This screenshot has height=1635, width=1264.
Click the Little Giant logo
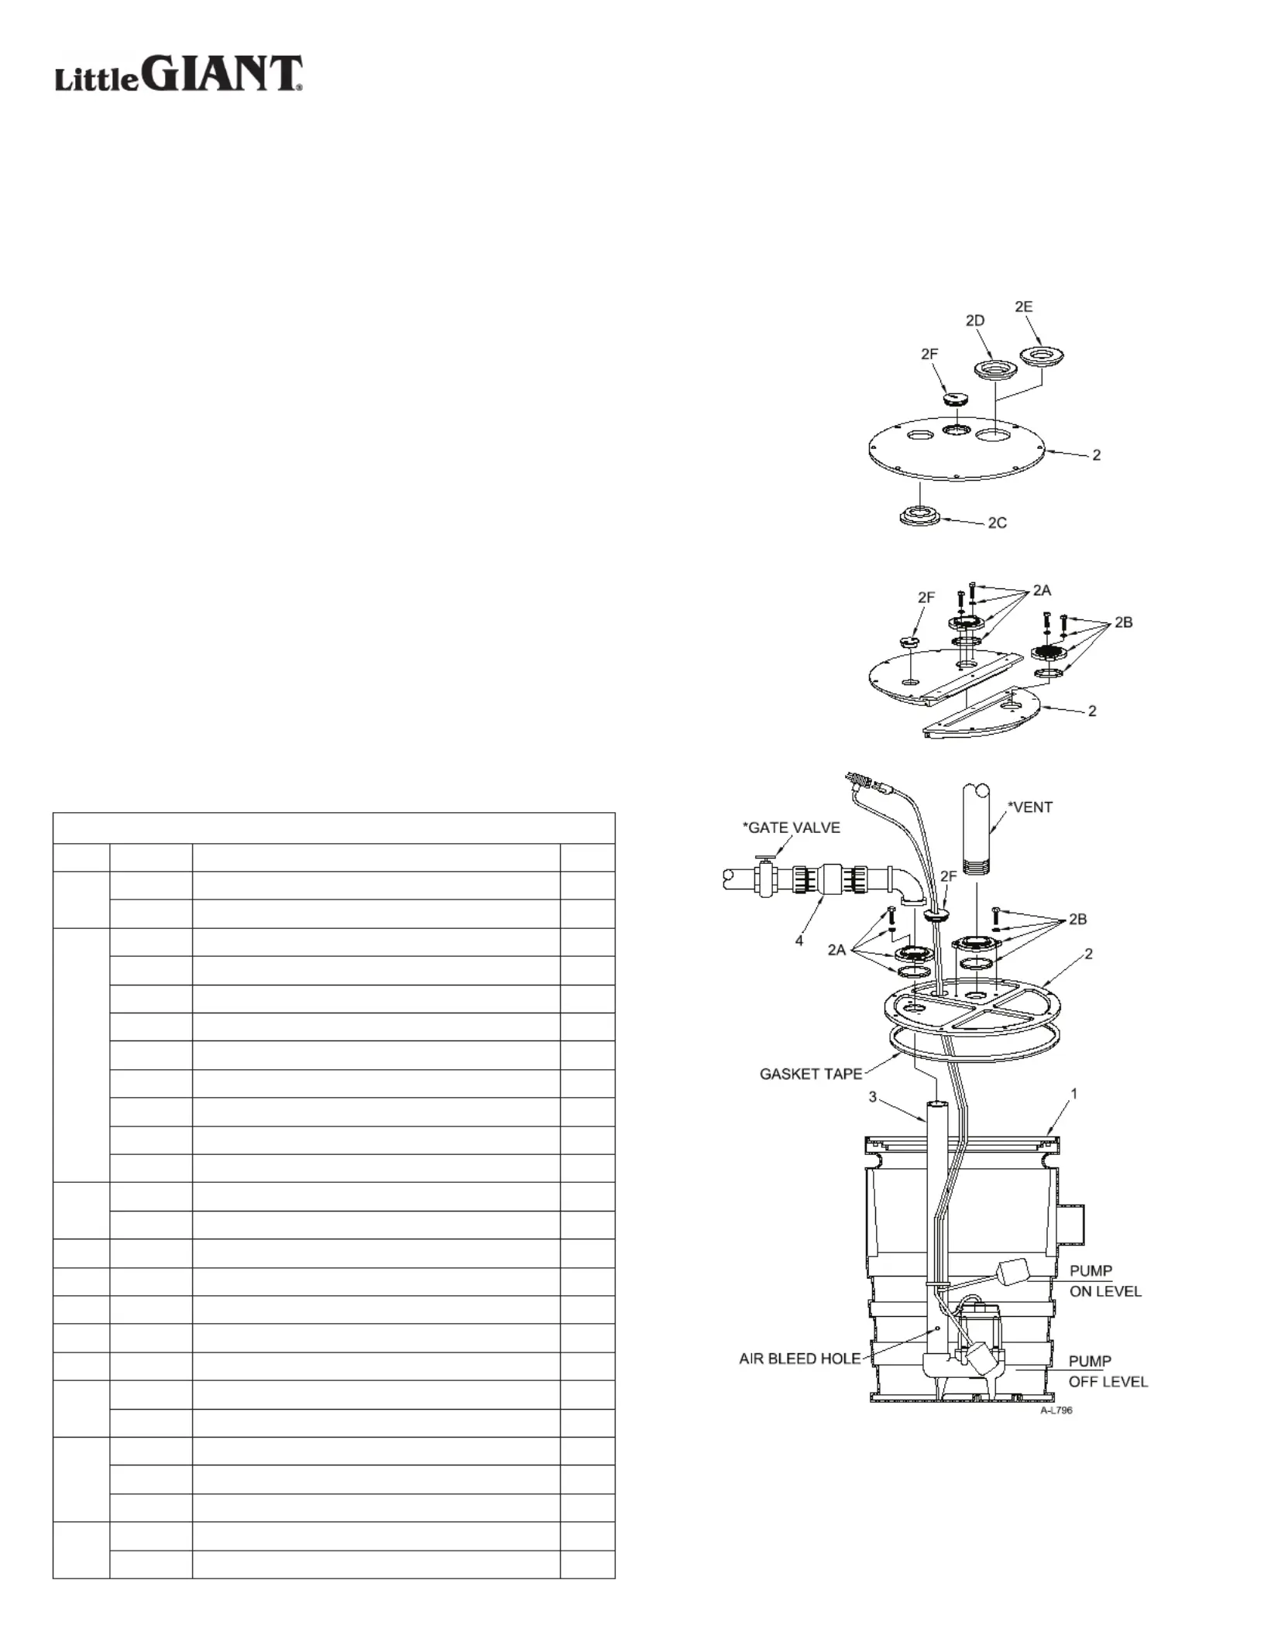[178, 75]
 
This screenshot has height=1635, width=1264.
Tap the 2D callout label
[974, 320]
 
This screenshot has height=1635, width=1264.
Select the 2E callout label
[1023, 307]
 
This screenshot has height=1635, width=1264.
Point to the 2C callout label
[997, 523]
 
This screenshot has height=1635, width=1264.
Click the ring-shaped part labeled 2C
[920, 516]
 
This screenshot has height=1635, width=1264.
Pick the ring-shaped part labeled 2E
[1041, 356]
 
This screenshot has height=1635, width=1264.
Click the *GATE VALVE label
[791, 828]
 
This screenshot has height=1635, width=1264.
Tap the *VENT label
[1030, 807]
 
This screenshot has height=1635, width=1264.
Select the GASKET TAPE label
[811, 1074]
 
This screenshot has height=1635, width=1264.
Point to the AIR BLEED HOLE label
[799, 1359]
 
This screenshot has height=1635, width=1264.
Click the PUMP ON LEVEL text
[1105, 1281]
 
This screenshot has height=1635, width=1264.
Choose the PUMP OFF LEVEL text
[1108, 1371]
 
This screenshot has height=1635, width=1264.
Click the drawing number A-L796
[1056, 1410]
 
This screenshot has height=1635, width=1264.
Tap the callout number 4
[799, 941]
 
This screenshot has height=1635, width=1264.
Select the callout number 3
[873, 1098]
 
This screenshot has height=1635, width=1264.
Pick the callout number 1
[1073, 1094]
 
